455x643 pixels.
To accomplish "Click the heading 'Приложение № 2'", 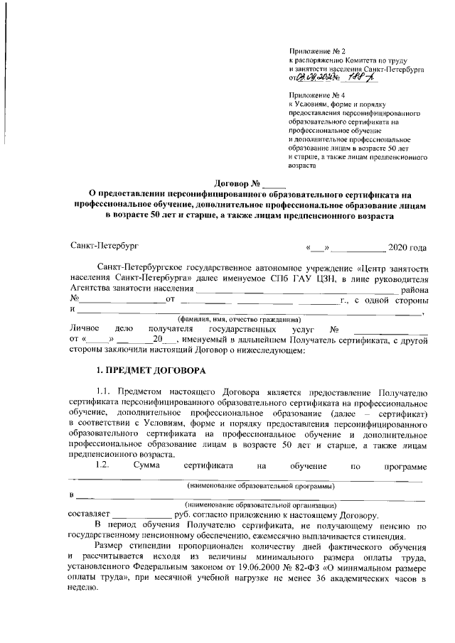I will pyautogui.click(x=317, y=52).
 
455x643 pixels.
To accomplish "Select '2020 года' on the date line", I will pyautogui.click(x=407, y=248).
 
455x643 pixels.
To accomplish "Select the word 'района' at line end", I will pyautogui.click(x=414, y=289).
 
